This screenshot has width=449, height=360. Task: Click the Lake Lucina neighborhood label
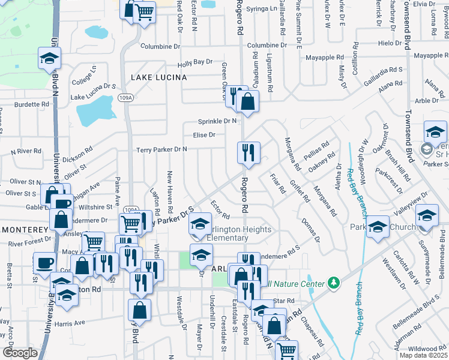point(159,77)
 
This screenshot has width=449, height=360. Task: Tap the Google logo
point(19,352)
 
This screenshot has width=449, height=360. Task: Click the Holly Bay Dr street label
point(195,62)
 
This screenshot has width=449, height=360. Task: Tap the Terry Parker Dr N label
point(162,149)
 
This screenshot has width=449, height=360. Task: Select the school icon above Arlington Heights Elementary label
point(199,225)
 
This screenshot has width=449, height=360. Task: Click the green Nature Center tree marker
point(333,283)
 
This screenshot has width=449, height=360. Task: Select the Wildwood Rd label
point(427,349)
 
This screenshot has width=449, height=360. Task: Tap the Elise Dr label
point(204,135)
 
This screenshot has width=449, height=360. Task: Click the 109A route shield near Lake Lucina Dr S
point(125,98)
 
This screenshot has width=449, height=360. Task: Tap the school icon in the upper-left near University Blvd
point(49,58)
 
